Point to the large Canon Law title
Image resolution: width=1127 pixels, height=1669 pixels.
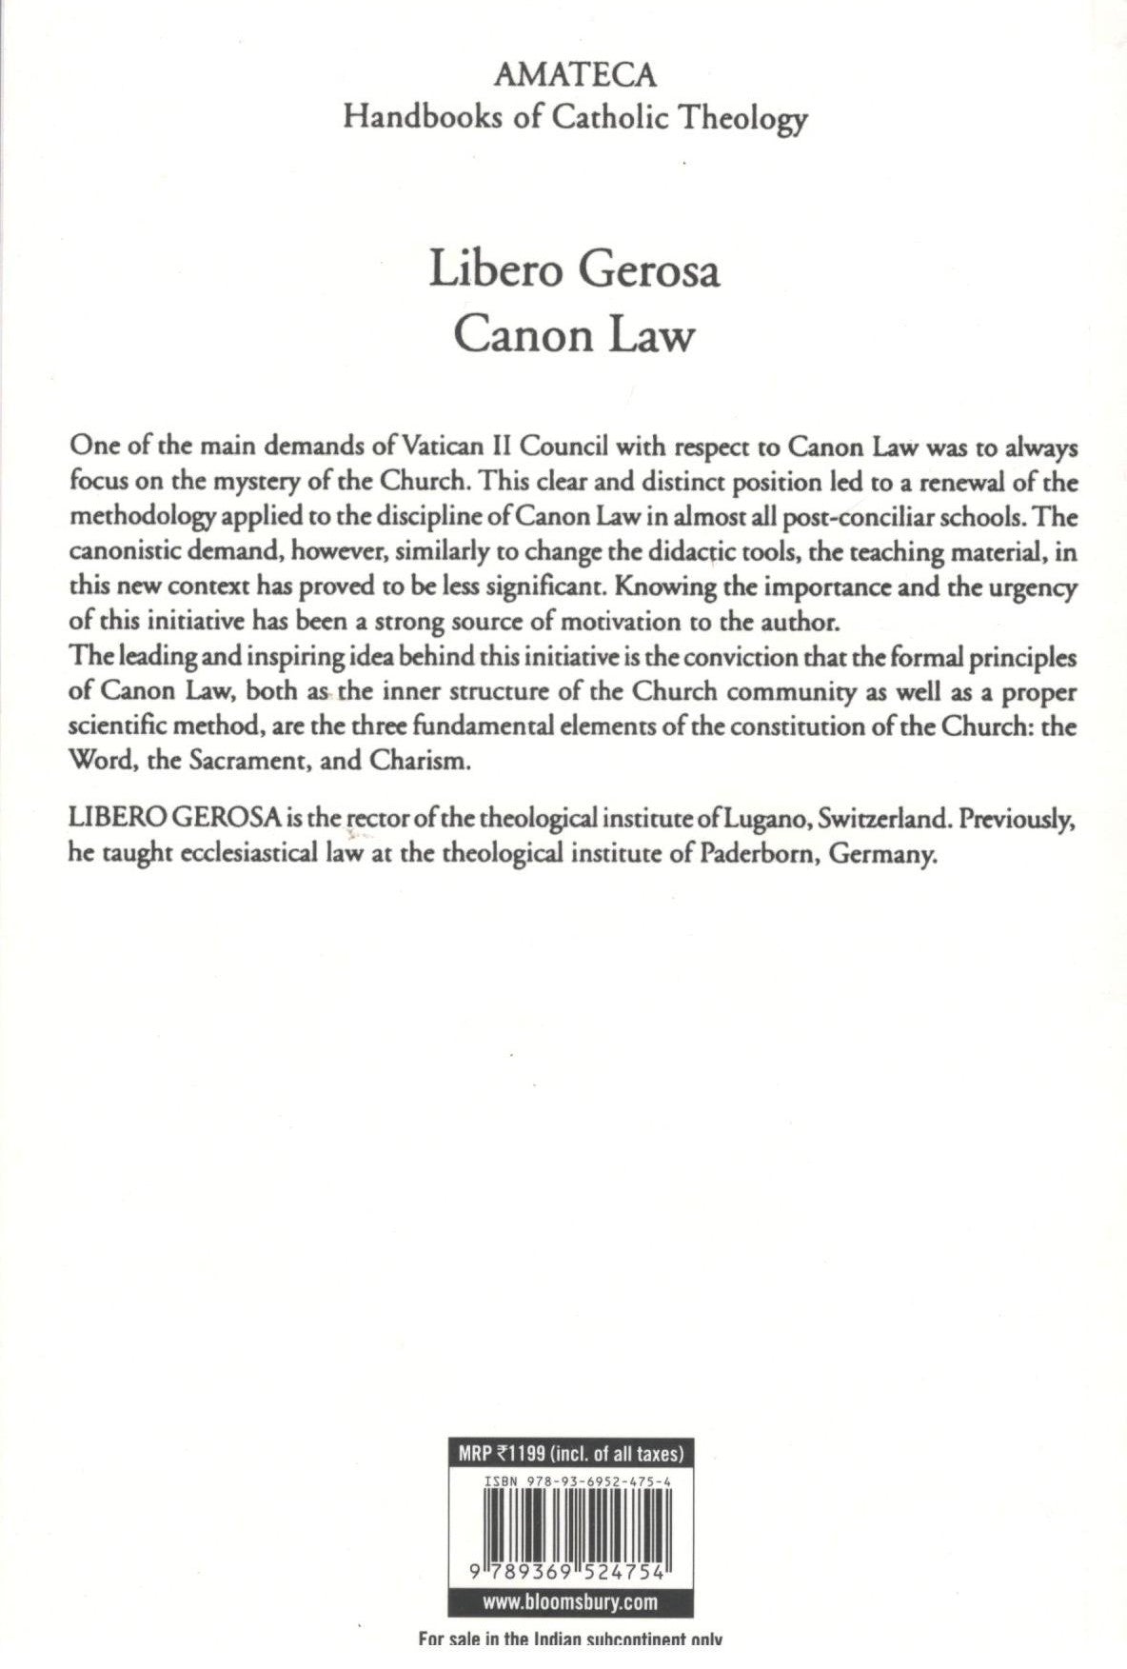(574, 335)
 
